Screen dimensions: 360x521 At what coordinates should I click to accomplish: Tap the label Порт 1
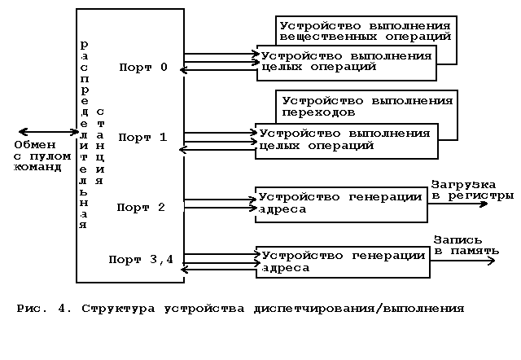click(x=142, y=137)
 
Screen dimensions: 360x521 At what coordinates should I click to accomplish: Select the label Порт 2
click(x=141, y=207)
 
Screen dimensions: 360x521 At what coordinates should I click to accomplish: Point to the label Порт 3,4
click(x=142, y=260)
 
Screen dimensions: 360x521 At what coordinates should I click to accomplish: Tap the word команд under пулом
click(x=38, y=168)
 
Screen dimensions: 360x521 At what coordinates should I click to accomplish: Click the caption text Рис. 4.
click(x=44, y=309)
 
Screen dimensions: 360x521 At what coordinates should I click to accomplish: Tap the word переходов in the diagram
click(x=318, y=112)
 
